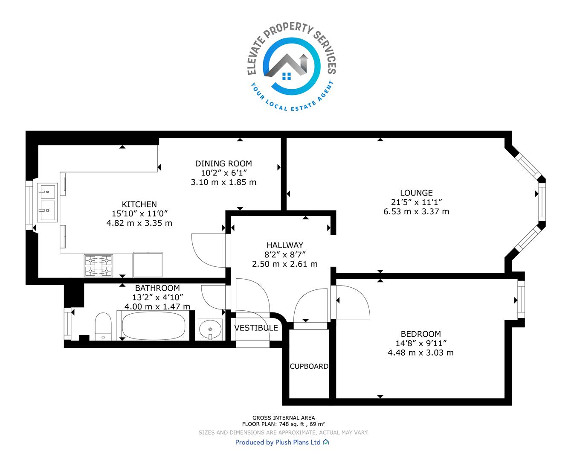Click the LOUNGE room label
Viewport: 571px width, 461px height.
416,193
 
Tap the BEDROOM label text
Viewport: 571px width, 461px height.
421,334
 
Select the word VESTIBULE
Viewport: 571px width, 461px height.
256,328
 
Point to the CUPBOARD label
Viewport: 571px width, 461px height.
309,367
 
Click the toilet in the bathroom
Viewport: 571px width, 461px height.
103,327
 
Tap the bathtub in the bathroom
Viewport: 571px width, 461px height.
154,326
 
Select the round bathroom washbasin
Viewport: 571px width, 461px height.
210,329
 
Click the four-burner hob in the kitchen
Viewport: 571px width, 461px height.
99,266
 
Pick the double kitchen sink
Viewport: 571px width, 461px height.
47,202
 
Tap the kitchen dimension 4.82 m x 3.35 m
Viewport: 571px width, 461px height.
139,223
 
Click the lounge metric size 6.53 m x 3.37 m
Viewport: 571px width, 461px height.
416,212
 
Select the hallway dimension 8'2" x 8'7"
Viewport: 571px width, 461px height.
285,255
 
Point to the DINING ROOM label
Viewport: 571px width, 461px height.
223,163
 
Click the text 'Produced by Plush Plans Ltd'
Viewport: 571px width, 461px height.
278,442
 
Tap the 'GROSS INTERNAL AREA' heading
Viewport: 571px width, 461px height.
284,418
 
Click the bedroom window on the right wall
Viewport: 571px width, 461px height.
522,299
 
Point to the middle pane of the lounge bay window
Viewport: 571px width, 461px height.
542,202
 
